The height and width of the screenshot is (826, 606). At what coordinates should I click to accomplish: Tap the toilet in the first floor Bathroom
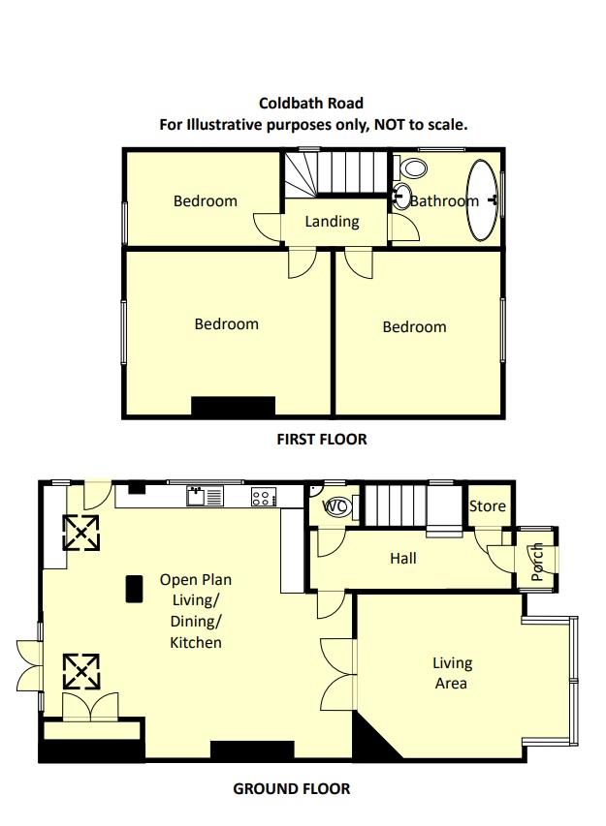[415, 168]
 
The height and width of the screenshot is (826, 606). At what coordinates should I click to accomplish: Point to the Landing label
[332, 222]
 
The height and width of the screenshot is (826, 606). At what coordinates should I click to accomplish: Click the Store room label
[487, 506]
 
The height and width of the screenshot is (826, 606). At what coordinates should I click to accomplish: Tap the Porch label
[537, 563]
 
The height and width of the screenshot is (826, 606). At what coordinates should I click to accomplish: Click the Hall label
[402, 558]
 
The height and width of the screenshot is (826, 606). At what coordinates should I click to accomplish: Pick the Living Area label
[452, 673]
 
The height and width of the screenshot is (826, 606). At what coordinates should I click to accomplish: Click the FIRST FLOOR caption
[322, 440]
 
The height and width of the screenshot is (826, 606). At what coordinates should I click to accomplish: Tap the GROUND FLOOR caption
[291, 788]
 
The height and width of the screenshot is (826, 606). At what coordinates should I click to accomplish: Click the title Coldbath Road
[311, 103]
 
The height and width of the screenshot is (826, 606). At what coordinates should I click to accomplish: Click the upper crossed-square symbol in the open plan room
[80, 532]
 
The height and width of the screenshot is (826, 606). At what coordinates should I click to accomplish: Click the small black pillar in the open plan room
[133, 588]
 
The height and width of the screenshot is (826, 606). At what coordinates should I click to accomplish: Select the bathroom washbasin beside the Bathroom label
[400, 198]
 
